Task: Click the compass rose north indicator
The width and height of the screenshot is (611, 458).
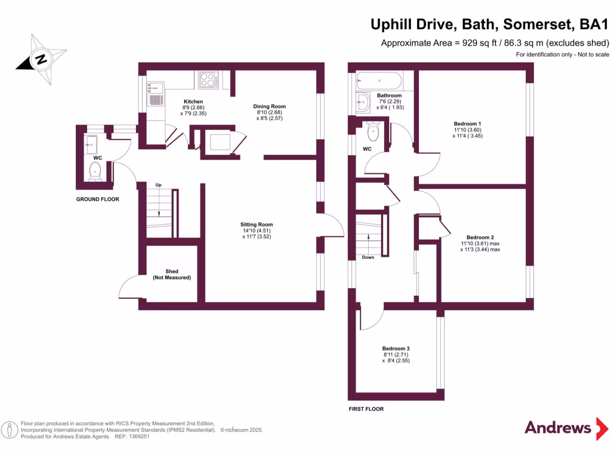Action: [x=41, y=58]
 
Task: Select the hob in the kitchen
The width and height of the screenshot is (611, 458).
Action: [x=208, y=80]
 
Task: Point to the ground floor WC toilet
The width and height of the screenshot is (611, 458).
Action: [x=95, y=171]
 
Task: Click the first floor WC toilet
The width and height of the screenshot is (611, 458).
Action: [x=374, y=131]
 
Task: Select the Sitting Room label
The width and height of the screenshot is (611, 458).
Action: [x=257, y=225]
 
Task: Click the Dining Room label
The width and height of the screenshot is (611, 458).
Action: [x=266, y=106]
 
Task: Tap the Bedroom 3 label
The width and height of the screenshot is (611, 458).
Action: [x=396, y=348]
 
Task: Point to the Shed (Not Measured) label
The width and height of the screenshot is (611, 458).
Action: [x=172, y=274]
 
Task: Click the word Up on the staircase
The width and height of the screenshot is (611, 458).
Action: [x=158, y=185]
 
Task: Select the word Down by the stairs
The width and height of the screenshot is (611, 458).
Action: [x=368, y=258]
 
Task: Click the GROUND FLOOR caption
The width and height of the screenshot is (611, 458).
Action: [x=97, y=199]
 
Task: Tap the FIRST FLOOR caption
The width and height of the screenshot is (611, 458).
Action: [x=365, y=409]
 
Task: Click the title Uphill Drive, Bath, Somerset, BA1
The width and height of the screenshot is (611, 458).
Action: [x=489, y=25]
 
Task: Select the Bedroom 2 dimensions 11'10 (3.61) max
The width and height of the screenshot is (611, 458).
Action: [x=480, y=243]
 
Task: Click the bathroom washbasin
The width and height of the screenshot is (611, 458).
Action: [x=363, y=103]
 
